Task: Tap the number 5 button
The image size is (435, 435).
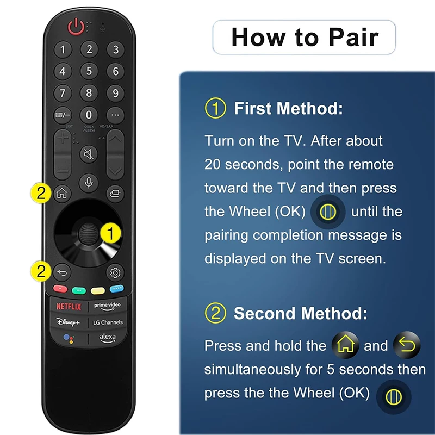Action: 89,71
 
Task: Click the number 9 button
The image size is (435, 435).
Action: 115,93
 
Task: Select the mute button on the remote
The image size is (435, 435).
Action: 89,154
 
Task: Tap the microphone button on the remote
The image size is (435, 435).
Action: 89,183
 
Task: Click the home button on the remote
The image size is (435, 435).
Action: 62,193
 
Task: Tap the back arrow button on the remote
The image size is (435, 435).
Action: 62,273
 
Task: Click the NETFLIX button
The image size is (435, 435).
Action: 69,307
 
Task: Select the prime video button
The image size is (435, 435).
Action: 107,306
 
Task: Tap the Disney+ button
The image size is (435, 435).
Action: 69,322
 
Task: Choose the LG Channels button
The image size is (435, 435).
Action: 108,322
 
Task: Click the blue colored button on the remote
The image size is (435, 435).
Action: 117,289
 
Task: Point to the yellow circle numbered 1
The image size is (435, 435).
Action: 111,234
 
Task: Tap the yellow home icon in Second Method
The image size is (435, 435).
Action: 345,345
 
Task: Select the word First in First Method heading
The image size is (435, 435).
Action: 254,108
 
